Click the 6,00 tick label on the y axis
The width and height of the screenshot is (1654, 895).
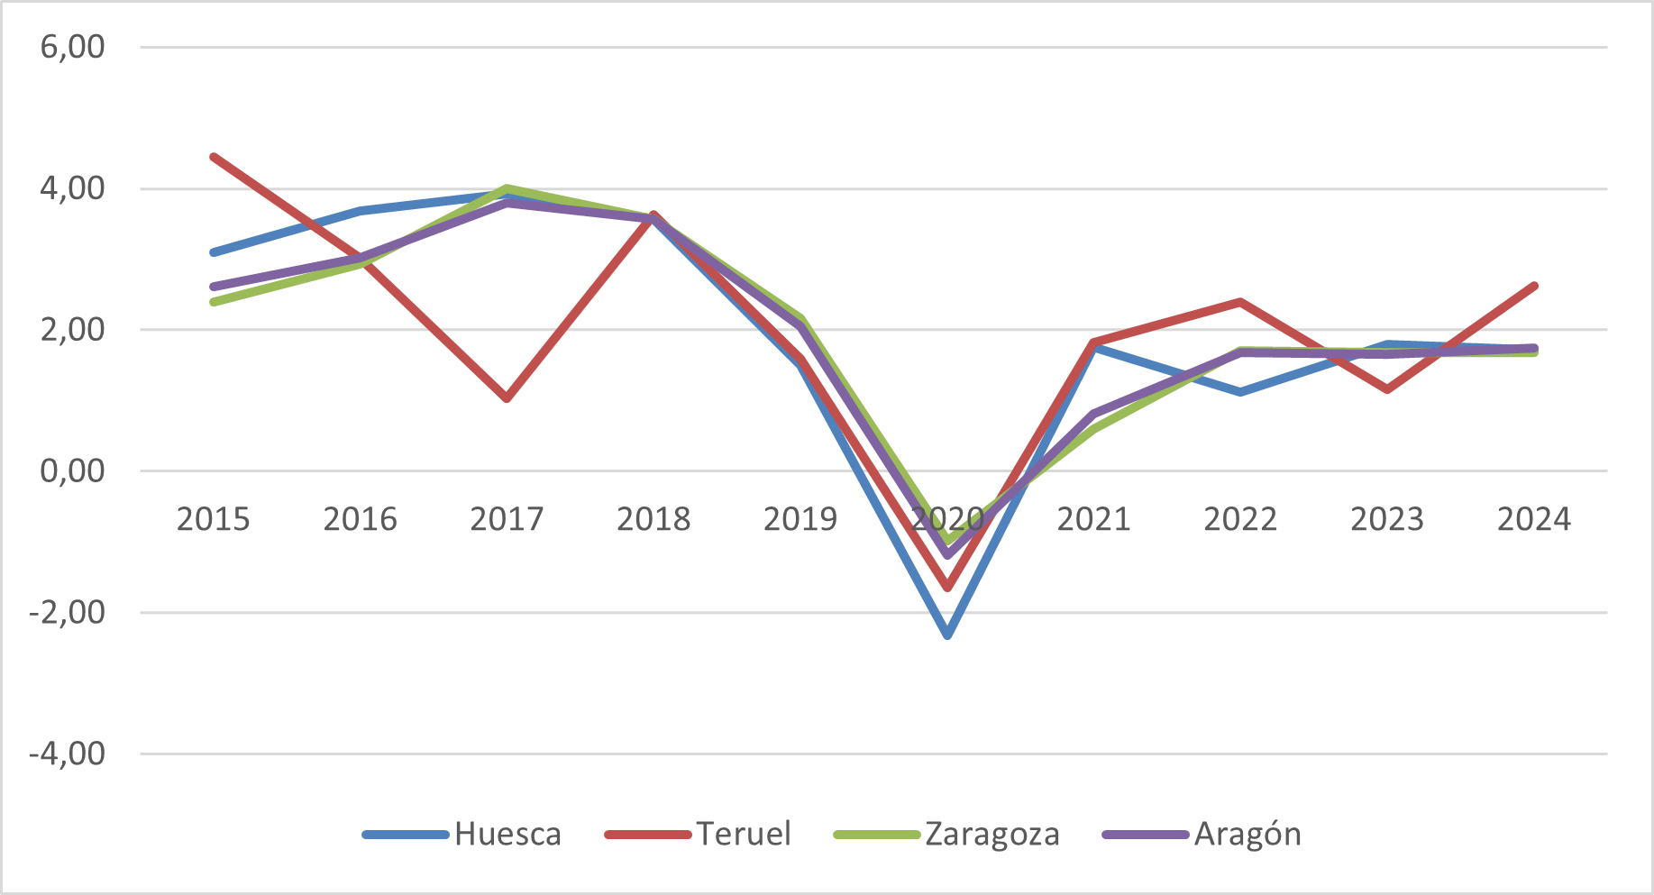[72, 47]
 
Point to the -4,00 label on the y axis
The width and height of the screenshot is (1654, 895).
[67, 753]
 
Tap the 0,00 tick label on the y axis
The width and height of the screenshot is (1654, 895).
[72, 470]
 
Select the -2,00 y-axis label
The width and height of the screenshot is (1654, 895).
[67, 612]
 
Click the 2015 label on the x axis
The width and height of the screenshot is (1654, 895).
[213, 519]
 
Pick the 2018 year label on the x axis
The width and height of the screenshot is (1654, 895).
[653, 519]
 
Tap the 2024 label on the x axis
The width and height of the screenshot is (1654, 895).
[1533, 519]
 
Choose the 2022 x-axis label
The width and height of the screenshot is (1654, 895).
[1240, 519]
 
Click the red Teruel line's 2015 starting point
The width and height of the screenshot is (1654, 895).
[214, 157]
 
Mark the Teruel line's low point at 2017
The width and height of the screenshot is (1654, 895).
[507, 397]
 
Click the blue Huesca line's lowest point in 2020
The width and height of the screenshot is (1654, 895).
[947, 635]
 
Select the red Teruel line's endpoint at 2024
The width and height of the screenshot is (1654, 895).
[1533, 286]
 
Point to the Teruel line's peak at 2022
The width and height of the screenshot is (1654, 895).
[1240, 302]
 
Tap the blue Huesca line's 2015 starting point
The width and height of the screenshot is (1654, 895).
[214, 252]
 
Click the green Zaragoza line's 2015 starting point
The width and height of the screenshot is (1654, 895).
[214, 302]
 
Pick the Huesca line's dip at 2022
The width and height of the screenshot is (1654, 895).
[1240, 392]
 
